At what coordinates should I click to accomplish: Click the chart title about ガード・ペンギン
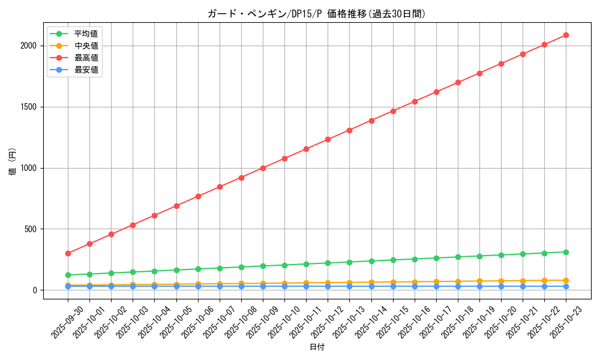pyautogui.click(x=316, y=14)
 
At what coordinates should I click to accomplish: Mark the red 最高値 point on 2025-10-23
pyautogui.click(x=566, y=35)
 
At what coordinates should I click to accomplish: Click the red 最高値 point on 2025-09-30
pyautogui.click(x=68, y=253)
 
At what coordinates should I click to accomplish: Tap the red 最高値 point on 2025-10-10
pyautogui.click(x=284, y=158)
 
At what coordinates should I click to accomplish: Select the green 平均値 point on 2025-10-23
pyautogui.click(x=566, y=252)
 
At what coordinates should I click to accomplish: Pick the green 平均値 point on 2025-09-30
pyautogui.click(x=68, y=275)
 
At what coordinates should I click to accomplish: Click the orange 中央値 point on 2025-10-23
pyautogui.click(x=566, y=280)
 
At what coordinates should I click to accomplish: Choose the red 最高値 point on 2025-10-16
pyautogui.click(x=415, y=101)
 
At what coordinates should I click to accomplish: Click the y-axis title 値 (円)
pyautogui.click(x=13, y=162)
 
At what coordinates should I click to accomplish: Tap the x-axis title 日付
pyautogui.click(x=317, y=347)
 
